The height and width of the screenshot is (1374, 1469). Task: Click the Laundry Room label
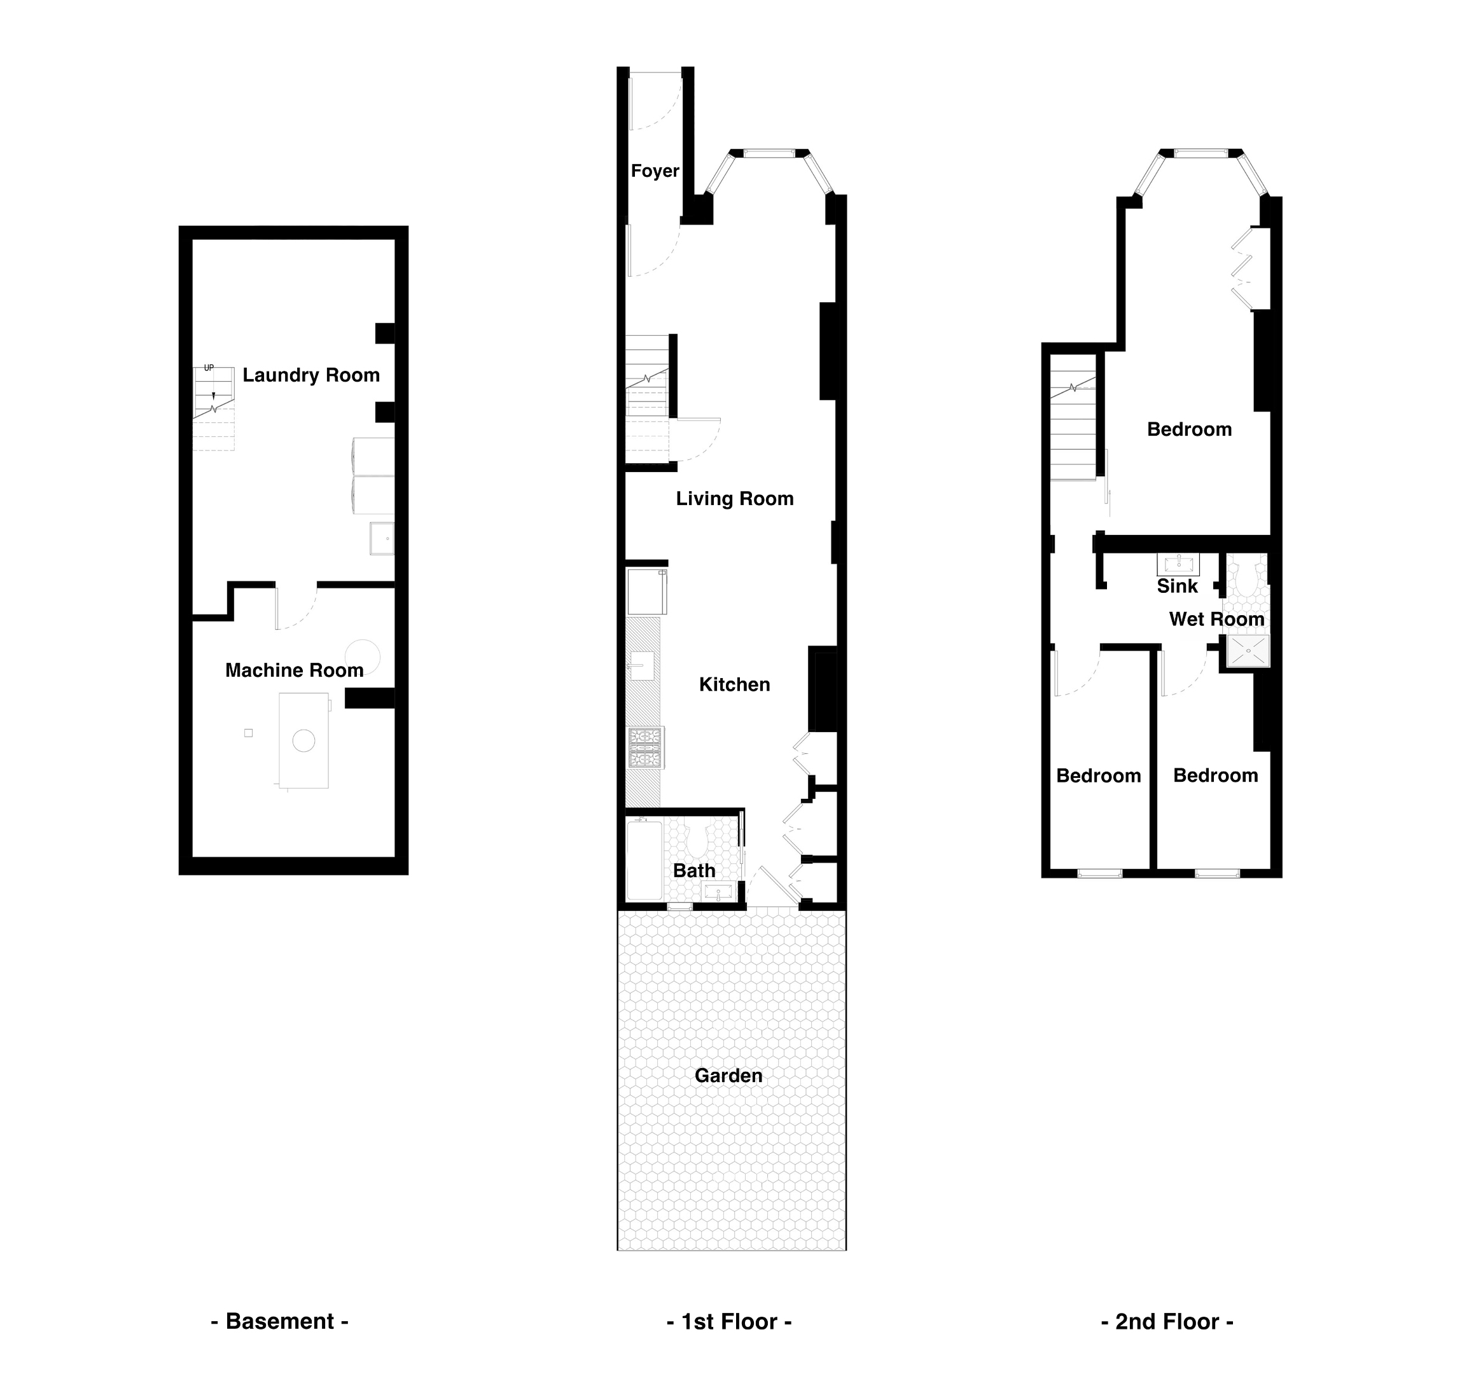tap(311, 375)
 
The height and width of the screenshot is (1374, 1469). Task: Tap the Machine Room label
tap(294, 670)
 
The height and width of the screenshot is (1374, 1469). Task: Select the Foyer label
tap(655, 170)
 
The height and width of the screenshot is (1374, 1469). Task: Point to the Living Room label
tap(734, 499)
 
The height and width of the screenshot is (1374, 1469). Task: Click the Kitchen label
tap(734, 685)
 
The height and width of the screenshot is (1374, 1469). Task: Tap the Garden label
tap(728, 1076)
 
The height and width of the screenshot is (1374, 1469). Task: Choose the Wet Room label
tap(1216, 619)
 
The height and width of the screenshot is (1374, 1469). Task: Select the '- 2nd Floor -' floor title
tap(1167, 1322)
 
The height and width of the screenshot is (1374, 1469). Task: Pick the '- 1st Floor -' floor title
tap(728, 1322)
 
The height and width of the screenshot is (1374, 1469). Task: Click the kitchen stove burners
tap(645, 747)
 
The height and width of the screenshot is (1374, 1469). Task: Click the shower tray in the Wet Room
tap(1248, 651)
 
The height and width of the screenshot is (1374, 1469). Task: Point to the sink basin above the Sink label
tap(1178, 565)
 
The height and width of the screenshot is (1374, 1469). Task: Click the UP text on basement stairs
tap(209, 368)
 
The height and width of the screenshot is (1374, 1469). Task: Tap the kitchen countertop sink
tap(641, 665)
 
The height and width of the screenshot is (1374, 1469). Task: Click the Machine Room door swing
tap(297, 607)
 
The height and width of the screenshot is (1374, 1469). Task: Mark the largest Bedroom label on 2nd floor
tap(1189, 429)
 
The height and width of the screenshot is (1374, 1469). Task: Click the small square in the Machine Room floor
tap(248, 733)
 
